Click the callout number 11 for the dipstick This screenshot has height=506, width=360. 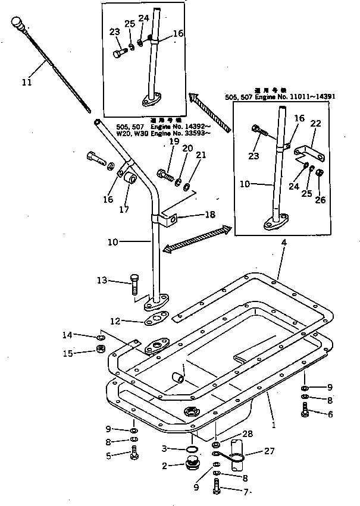[26, 83]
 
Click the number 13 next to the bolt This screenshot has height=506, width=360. [102, 279]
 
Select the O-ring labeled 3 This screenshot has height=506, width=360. [193, 448]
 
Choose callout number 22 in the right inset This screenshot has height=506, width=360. [315, 123]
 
